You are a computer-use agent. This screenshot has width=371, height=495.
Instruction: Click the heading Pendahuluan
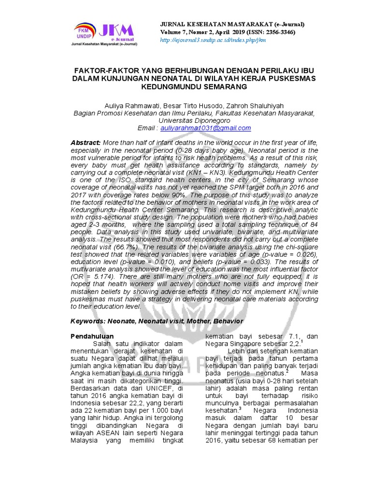coord(92,336)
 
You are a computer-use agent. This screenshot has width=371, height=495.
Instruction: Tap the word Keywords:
coord(89,321)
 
